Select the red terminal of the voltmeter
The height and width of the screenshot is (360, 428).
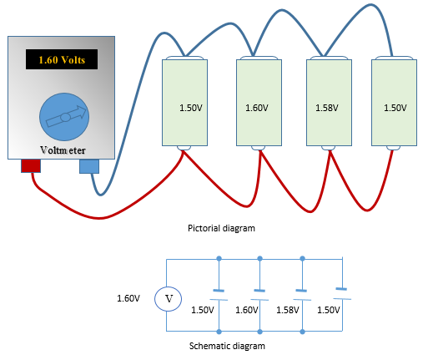pos(31,166)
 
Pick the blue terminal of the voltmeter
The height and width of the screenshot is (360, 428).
pos(88,166)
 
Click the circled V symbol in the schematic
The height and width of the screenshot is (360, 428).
pos(168,297)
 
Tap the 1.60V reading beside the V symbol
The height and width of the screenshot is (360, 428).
pos(128,297)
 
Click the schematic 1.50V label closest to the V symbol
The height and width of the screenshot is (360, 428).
pos(204,310)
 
